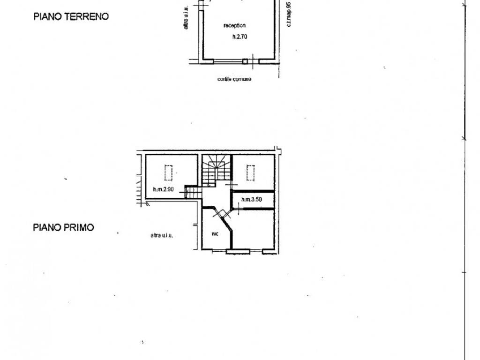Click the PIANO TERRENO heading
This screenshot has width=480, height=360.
coord(71,17)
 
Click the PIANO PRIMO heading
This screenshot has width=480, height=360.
coord(63,227)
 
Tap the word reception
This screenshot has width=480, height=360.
coord(235,26)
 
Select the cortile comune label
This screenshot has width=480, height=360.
coord(234,79)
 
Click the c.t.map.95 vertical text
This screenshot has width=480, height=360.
coord(289,14)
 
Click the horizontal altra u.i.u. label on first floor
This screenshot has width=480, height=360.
coord(162,235)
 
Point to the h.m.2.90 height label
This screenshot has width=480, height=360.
coord(163,190)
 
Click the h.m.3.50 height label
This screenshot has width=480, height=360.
coord(251,200)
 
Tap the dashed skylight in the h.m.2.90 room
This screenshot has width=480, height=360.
coord(168,172)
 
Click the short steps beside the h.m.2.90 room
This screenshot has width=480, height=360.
coord(190,192)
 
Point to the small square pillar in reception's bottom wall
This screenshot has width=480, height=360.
coord(245,61)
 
